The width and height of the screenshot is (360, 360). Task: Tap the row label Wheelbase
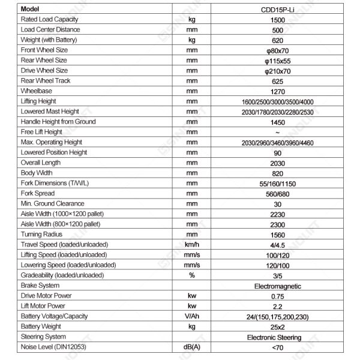(x=36, y=91)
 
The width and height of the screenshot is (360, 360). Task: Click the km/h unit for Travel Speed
(x=192, y=244)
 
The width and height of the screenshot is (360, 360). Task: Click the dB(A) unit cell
(x=192, y=347)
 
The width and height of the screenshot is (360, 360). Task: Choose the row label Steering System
(x=43, y=337)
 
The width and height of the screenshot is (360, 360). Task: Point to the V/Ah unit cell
(x=192, y=316)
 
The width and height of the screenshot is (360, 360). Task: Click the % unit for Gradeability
(x=192, y=275)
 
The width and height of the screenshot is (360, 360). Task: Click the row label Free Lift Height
(x=41, y=132)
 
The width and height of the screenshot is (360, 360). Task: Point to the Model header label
(x=30, y=10)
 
